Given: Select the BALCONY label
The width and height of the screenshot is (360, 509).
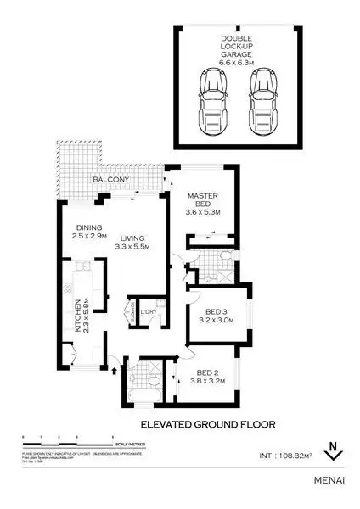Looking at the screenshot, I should (112, 180).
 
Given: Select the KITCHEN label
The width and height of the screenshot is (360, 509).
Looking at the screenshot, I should (77, 315).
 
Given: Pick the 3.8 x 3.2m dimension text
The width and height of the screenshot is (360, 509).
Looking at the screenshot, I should (207, 383).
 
